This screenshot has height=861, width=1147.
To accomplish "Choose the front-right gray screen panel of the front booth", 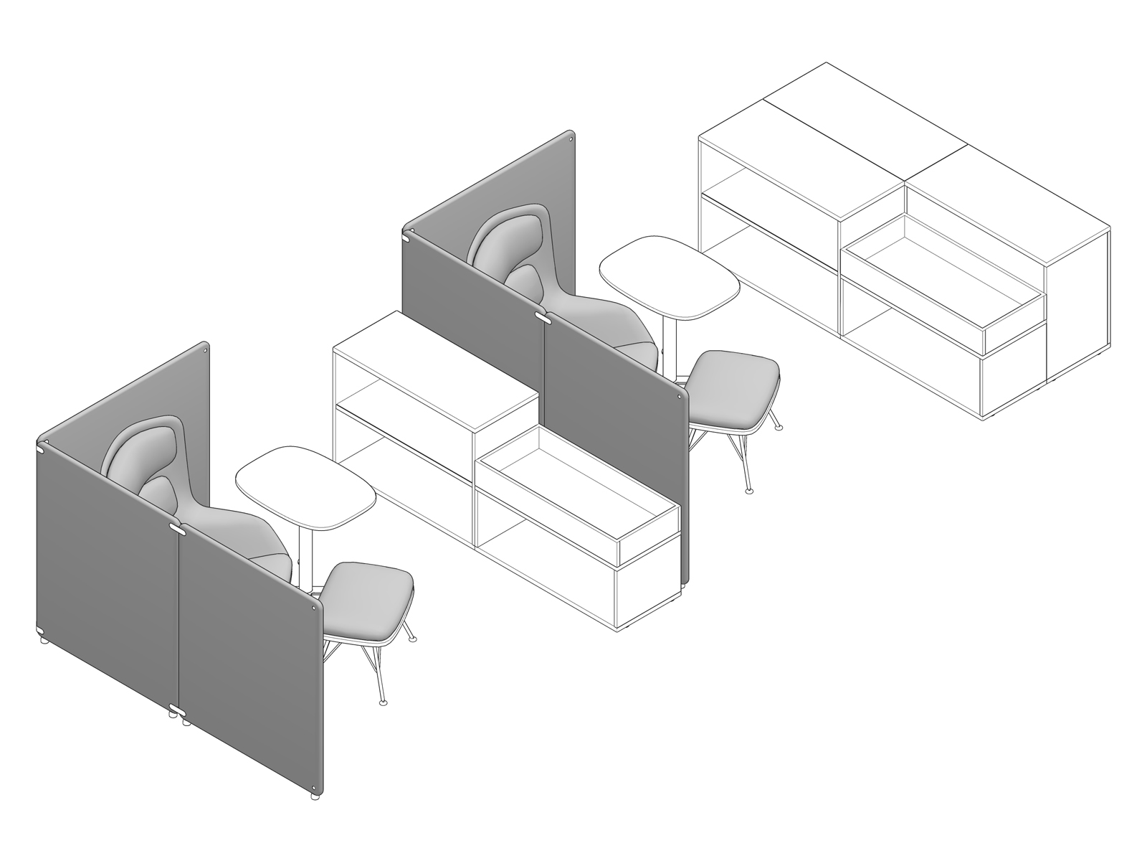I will (x=251, y=660).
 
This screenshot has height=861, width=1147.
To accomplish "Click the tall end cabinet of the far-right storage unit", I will (x=1079, y=316).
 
